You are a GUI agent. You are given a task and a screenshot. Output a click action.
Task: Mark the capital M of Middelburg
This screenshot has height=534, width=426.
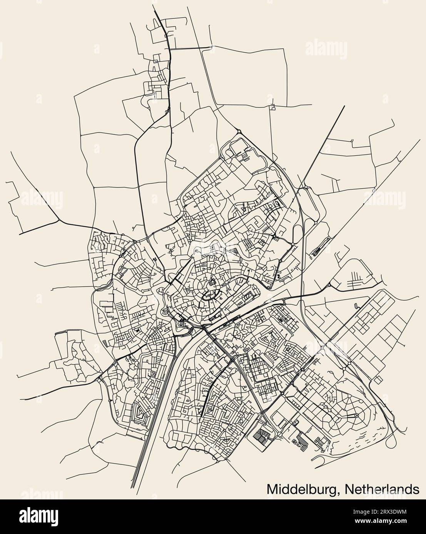pyautogui.click(x=272, y=489)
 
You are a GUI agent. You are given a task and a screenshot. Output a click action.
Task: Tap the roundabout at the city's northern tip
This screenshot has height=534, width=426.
pyautogui.click(x=239, y=132)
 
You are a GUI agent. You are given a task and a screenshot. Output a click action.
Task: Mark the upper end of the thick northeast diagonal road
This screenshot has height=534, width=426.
pyautogui.click(x=344, y=106)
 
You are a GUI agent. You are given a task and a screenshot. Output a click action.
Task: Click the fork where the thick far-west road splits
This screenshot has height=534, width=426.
pyautogui.click(x=58, y=221)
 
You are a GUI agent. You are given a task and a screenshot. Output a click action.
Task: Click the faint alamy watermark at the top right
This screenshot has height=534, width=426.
pyautogui.click(x=329, y=49)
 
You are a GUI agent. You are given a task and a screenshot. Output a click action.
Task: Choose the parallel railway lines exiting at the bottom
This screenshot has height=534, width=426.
pyautogui.click(x=138, y=473)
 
